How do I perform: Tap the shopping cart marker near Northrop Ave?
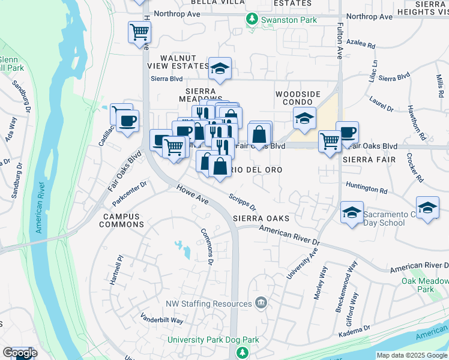(139, 31)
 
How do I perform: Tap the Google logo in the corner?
(20, 353)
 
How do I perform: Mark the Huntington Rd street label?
(366, 188)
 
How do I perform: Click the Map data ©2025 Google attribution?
(412, 355)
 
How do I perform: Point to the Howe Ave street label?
(192, 196)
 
